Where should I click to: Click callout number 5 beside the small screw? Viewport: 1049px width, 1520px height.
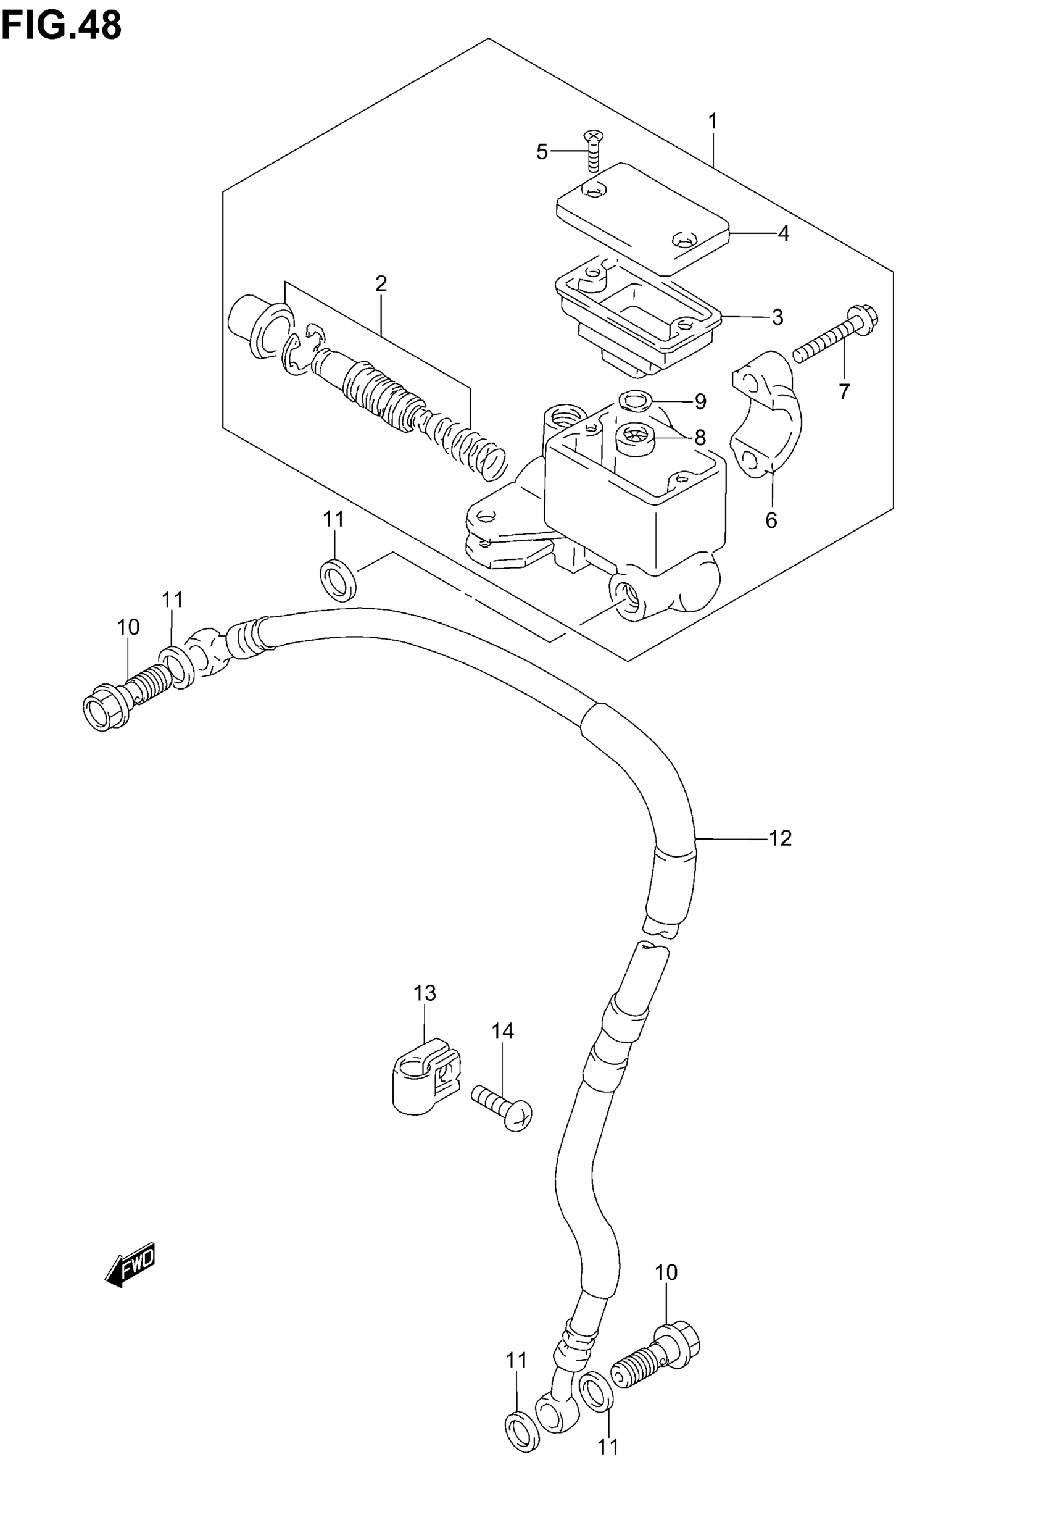coord(542,152)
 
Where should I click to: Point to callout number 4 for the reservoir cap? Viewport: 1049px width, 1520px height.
coord(783,233)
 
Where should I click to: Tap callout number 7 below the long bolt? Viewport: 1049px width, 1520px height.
coord(844,392)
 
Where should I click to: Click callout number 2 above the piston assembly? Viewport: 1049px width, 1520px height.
coord(381,284)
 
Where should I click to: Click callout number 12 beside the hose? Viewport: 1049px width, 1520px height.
coord(780,838)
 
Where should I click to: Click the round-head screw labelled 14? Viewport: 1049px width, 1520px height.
coord(502,1108)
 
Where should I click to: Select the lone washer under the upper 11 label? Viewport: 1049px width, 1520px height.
coord(338,578)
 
